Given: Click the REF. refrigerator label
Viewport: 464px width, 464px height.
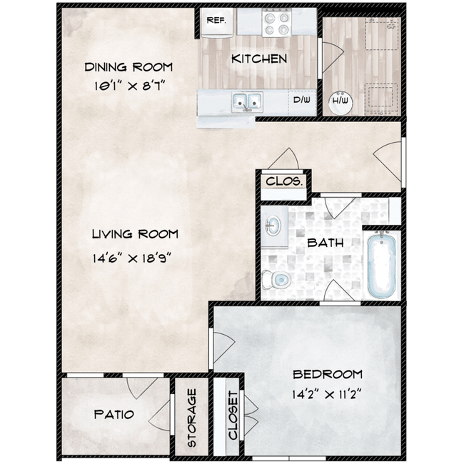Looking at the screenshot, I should (x=216, y=20).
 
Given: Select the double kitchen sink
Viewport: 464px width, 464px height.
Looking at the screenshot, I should (x=246, y=102).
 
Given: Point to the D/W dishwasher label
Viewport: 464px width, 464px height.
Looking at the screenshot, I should (x=303, y=101).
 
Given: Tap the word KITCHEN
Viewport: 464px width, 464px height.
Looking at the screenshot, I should (x=259, y=59).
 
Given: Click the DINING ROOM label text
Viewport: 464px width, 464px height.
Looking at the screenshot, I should (x=128, y=68).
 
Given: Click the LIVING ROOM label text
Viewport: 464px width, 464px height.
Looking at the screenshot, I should (x=135, y=234).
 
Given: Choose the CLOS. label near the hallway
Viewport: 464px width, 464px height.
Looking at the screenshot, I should (x=285, y=181).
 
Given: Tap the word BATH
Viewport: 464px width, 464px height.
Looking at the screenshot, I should (x=325, y=243).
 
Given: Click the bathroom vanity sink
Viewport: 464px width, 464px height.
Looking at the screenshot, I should (x=274, y=227).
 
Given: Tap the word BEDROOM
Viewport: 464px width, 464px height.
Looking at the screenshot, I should (x=327, y=374).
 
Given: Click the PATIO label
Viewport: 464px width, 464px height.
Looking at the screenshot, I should (x=114, y=415).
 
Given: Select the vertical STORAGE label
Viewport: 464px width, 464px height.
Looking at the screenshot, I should (x=192, y=418).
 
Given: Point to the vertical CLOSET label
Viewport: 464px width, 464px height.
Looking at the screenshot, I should (x=232, y=417).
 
